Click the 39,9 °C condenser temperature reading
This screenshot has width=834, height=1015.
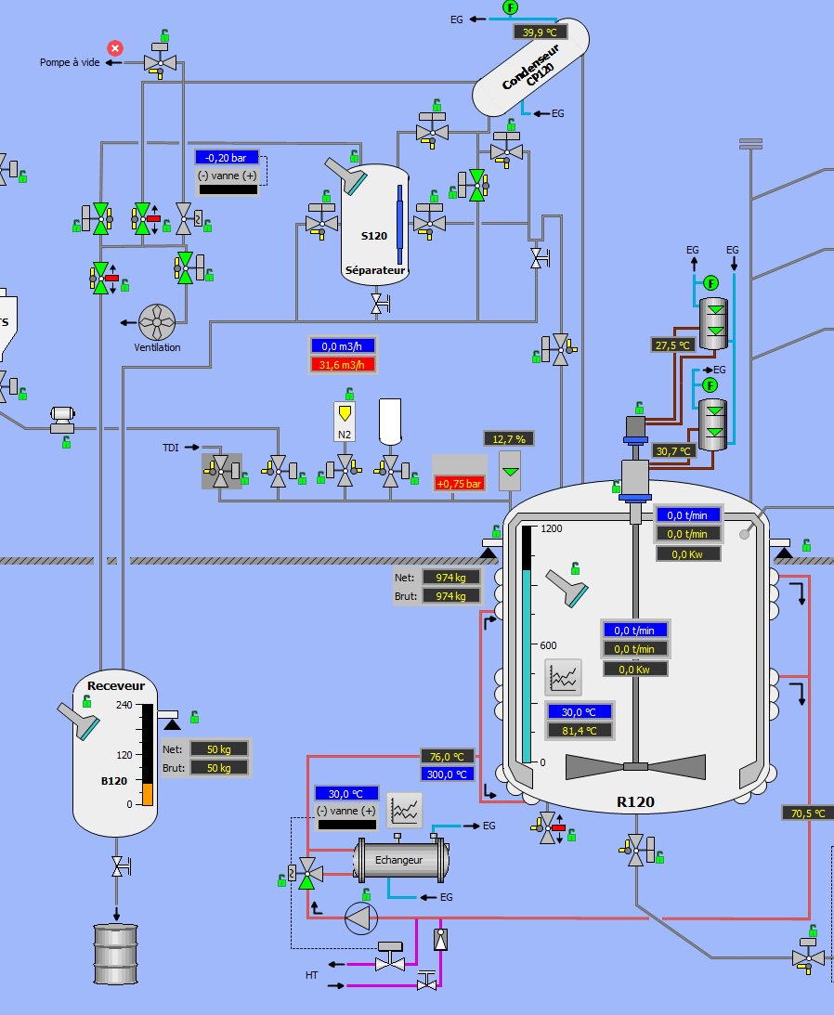[x=541, y=32]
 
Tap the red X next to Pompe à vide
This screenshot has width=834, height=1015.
[x=115, y=47]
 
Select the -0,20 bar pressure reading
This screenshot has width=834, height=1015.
[x=227, y=158]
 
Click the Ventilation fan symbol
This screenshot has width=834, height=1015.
[x=157, y=322]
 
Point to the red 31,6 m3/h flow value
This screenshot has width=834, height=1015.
[x=343, y=363]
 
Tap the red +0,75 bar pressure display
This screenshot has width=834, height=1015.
[x=460, y=483]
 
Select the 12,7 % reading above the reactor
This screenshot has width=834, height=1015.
[x=509, y=438]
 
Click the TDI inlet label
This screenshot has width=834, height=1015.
[x=170, y=448]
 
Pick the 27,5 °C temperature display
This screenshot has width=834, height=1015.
[x=673, y=345]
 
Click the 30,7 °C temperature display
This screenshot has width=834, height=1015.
[x=673, y=450]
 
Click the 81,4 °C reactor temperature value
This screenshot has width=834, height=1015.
[x=580, y=730]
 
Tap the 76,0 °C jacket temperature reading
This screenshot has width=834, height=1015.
[x=448, y=756]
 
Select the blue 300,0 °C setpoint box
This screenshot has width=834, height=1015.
[x=448, y=774]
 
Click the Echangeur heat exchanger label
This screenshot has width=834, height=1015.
[x=398, y=860]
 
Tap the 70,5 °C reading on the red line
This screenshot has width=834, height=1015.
[x=807, y=813]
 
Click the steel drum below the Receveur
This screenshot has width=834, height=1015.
[x=116, y=954]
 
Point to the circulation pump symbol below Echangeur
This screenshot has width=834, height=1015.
[x=360, y=918]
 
